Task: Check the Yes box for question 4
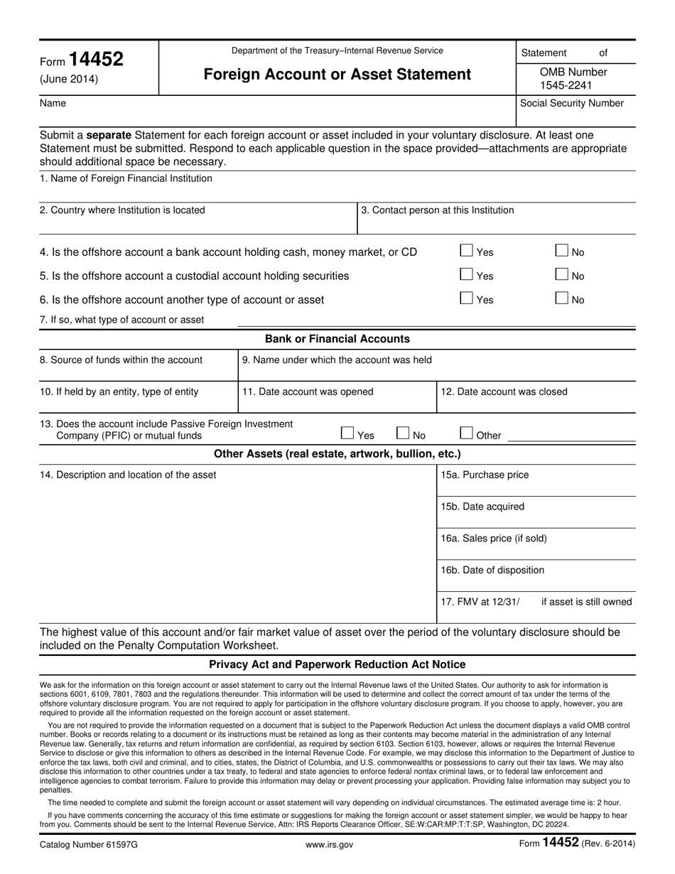point(467,250)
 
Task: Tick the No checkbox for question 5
point(562,274)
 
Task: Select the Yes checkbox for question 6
point(467,298)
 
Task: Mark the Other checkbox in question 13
point(467,433)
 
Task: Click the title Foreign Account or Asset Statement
point(337,75)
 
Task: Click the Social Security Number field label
point(572,103)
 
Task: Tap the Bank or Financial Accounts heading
point(337,339)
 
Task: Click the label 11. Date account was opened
point(308,392)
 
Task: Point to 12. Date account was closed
point(504,392)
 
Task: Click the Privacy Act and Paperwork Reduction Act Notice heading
point(337,664)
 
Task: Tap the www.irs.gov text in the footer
point(329,845)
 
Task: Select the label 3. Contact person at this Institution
point(438,210)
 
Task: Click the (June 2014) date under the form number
point(69,80)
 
